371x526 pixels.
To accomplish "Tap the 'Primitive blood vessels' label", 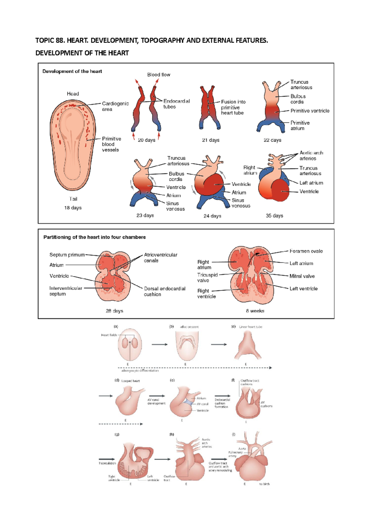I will [111, 144].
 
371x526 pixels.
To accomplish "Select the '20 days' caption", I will [147, 140].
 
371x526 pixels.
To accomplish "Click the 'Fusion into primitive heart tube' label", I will [233, 107].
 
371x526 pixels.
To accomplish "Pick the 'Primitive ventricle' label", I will [310, 111].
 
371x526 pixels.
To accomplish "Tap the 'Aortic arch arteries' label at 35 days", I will [311, 156].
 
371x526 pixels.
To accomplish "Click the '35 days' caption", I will [274, 216].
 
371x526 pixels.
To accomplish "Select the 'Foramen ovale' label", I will [306, 251].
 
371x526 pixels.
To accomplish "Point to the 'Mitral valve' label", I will [302, 276].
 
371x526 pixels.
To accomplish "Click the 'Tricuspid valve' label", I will [207, 278].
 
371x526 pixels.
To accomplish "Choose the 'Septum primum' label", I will [67, 255].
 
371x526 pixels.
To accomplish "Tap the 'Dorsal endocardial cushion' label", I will [164, 291].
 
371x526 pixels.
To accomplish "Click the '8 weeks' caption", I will [255, 311].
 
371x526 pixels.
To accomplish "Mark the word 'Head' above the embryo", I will [73, 94].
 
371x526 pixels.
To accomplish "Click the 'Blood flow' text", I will [159, 75].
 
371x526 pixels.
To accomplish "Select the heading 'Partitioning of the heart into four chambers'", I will [94, 237].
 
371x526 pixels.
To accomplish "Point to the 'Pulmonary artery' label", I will [235, 454].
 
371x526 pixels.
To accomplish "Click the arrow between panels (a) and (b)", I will [160, 344].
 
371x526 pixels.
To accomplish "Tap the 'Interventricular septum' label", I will [66, 291].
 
